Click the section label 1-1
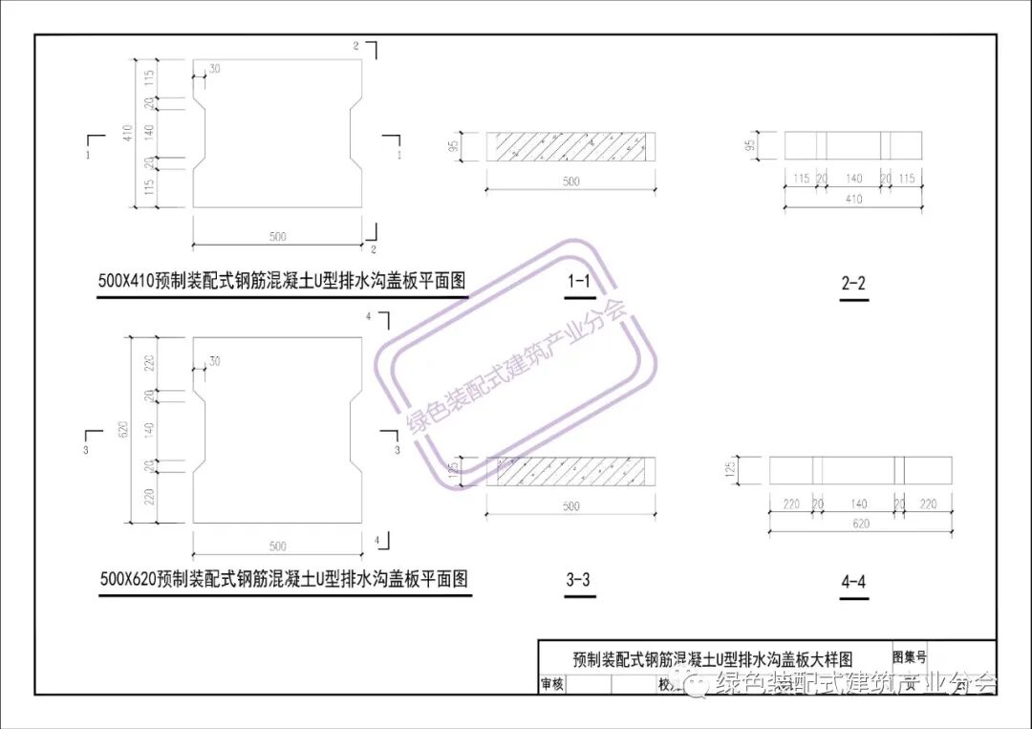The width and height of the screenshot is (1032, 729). (578, 283)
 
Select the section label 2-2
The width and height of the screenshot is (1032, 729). (853, 284)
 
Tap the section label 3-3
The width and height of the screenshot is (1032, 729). (578, 579)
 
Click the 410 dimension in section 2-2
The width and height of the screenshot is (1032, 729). (853, 200)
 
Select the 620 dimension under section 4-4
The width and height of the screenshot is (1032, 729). (861, 524)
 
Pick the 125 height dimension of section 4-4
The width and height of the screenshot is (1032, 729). (729, 469)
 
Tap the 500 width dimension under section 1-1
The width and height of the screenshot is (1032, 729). (570, 182)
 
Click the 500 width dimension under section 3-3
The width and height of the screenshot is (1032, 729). (570, 506)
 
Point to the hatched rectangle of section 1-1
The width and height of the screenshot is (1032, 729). (571, 146)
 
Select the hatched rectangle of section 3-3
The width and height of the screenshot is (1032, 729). (571, 470)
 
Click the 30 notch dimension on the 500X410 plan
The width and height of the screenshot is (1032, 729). (214, 69)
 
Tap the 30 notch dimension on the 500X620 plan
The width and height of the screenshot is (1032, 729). (214, 361)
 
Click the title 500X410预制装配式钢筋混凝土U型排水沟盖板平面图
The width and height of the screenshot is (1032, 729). (282, 282)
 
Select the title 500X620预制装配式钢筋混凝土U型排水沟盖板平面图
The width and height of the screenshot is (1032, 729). (285, 579)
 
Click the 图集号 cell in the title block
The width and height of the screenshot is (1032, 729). (909, 657)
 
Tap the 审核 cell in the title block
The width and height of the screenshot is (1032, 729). (552, 684)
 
